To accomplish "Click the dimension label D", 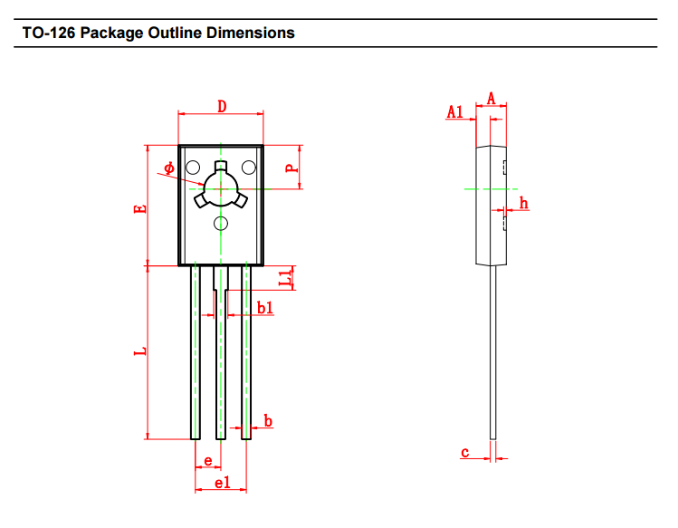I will coord(222,106).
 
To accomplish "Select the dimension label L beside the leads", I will coord(139,350).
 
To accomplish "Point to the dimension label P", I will coord(290,168).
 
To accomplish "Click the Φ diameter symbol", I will coord(169,168).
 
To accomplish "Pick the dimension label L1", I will coord(286,278).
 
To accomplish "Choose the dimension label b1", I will coord(264,309).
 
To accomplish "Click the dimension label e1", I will coord(222,483).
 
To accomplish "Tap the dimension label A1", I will coord(455,111).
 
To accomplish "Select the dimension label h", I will coord(523,203).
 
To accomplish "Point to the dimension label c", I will coord(464,452).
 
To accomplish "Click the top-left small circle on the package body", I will coord(193,167).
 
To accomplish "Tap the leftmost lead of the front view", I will coord(196,353).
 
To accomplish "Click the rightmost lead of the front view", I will coord(245,353).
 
